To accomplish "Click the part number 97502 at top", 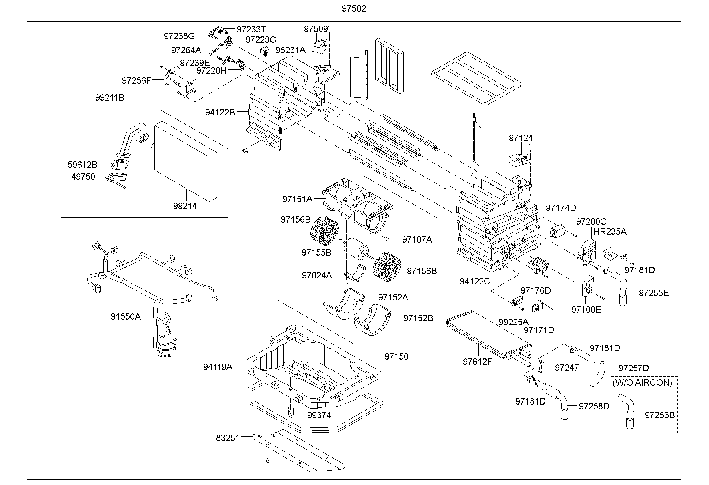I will point(354,8).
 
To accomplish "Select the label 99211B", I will point(110,97).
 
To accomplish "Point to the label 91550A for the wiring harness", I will point(126,316).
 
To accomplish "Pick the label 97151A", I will point(297,199).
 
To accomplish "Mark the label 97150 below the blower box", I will point(397,356).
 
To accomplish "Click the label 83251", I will point(228,438).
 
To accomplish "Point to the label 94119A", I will point(217,366).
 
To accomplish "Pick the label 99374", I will point(319,415).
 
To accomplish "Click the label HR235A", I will point(610,231).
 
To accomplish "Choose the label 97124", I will point(521,138).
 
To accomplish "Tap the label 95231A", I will point(290,50).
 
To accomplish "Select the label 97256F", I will point(136,80).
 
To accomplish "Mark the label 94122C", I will point(475,281).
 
